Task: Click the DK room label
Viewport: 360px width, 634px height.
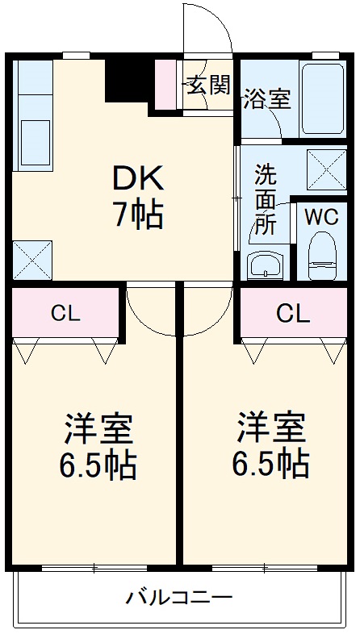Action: (x=138, y=177)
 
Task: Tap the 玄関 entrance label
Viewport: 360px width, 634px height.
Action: (x=209, y=85)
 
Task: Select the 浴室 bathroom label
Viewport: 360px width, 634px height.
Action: (x=267, y=99)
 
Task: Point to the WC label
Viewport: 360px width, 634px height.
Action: (x=321, y=218)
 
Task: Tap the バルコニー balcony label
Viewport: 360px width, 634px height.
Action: (x=179, y=597)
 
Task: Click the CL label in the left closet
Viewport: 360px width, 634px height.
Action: (x=65, y=313)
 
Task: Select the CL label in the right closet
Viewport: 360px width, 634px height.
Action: (x=294, y=313)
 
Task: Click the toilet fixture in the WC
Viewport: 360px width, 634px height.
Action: (x=322, y=256)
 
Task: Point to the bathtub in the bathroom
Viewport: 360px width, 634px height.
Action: (x=322, y=99)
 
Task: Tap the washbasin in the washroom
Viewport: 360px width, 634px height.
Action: (x=266, y=265)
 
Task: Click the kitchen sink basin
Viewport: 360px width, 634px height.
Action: (x=35, y=143)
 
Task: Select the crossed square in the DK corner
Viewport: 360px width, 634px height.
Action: (x=32, y=260)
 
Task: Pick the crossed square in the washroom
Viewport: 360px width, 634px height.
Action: (x=326, y=170)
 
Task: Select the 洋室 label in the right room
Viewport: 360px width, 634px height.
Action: (x=270, y=427)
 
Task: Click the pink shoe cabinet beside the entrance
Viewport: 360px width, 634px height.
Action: (x=165, y=85)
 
